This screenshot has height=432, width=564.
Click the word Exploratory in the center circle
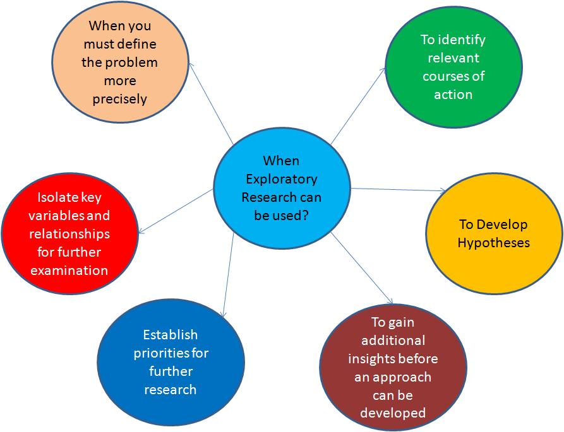point(281,179)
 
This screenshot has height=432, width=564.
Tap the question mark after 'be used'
point(307,216)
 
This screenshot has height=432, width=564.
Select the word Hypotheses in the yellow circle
point(493,243)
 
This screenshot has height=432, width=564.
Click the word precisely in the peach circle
point(119,100)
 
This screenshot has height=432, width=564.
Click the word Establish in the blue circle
point(170,334)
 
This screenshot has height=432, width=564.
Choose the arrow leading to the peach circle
point(211,101)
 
